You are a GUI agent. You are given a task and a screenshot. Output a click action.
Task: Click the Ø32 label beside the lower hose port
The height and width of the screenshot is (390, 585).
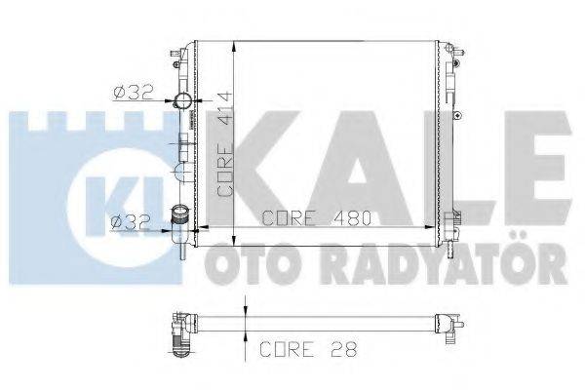tap(130, 221)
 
